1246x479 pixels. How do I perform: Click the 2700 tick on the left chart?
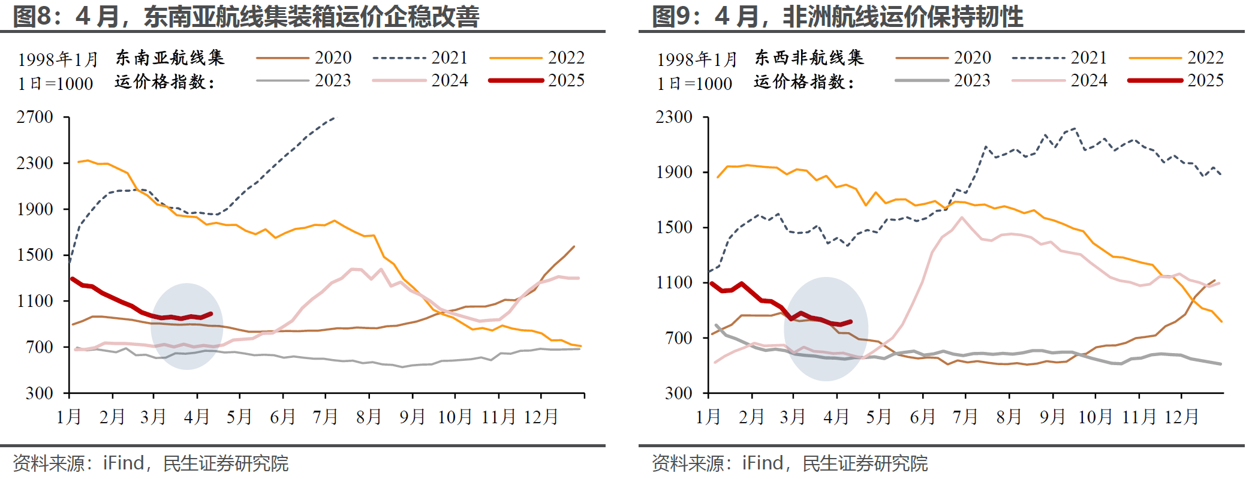pos(35,118)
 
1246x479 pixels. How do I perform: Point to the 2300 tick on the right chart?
pos(674,118)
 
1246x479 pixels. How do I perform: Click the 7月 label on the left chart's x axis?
pos(326,417)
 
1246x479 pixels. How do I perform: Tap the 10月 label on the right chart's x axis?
pos(1095,417)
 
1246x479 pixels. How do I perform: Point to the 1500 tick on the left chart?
pos(35,255)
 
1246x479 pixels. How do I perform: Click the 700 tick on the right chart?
pos(679,338)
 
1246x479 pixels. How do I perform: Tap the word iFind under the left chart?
pos(124,463)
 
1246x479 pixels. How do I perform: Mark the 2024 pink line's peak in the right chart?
pos(962,218)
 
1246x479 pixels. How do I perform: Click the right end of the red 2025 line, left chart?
pos(210,314)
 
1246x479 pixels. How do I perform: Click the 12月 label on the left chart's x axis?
pos(541,417)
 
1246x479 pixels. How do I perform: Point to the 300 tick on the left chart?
pos(40,393)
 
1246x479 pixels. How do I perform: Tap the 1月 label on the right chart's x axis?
pos(708,417)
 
